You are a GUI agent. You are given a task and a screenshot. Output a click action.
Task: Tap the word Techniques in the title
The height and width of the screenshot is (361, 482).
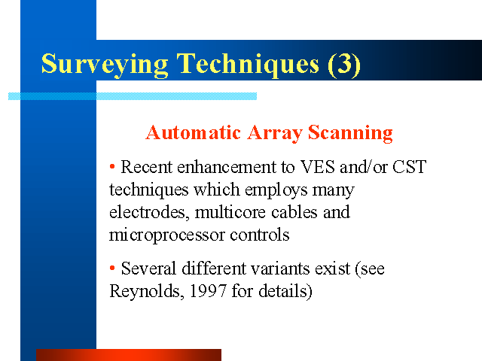tap(248, 65)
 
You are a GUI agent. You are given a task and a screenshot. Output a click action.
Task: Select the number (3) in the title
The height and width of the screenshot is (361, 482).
tap(344, 65)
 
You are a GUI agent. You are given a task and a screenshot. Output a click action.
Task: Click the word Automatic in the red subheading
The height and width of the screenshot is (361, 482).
tap(193, 133)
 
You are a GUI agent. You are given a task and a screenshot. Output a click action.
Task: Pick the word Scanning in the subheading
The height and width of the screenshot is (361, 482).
tap(350, 134)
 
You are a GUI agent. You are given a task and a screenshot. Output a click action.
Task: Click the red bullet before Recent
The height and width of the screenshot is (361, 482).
tap(112, 167)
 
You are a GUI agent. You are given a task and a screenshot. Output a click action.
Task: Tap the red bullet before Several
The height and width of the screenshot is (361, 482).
tap(112, 268)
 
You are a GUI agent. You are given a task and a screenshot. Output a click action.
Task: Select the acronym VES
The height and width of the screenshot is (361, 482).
tap(317, 167)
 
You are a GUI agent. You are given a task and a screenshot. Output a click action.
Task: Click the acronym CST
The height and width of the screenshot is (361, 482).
tap(410, 167)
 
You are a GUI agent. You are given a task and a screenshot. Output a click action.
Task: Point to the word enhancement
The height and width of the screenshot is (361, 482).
tap(227, 167)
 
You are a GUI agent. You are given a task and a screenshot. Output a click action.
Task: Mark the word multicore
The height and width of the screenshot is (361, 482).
tap(230, 212)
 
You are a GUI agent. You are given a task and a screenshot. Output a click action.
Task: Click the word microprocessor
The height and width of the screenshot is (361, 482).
tap(167, 235)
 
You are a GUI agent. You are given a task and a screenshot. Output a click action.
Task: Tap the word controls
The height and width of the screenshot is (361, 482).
tap(260, 235)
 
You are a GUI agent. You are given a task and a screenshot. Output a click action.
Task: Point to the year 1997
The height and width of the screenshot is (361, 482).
tap(208, 291)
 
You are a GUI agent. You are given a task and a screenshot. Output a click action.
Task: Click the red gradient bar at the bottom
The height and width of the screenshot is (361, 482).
tap(129, 355)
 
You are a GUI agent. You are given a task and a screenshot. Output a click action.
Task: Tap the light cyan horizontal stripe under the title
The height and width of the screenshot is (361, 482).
tap(133, 96)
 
